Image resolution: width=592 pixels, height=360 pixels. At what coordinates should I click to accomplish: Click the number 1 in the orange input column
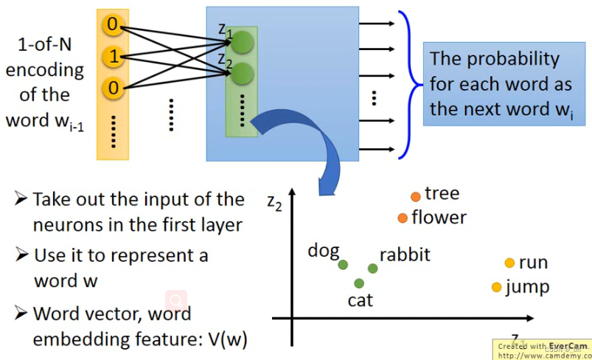point(112,56)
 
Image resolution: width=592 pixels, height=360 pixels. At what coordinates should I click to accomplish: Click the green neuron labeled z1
point(244,41)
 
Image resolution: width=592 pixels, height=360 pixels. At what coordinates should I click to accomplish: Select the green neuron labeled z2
point(244,73)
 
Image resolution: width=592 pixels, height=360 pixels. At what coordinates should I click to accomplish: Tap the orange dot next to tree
point(416,196)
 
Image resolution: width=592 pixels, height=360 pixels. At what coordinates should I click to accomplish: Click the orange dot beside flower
point(403,218)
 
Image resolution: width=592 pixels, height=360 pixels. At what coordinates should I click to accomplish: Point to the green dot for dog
point(343,264)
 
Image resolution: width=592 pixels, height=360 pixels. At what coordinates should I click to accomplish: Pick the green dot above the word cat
point(359,283)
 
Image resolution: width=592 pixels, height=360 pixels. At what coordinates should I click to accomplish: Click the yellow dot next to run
point(509,263)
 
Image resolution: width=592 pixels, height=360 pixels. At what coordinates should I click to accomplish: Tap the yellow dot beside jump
point(496,286)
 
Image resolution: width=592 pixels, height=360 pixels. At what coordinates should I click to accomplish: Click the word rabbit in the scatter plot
point(405,255)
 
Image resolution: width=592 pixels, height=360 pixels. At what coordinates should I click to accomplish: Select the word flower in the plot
point(439,218)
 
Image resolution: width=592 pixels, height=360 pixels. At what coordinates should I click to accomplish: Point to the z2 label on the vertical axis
point(275,201)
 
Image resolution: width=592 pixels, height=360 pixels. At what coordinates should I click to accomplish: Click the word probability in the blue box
point(516,59)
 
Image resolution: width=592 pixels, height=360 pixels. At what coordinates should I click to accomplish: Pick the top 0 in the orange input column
point(112,26)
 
